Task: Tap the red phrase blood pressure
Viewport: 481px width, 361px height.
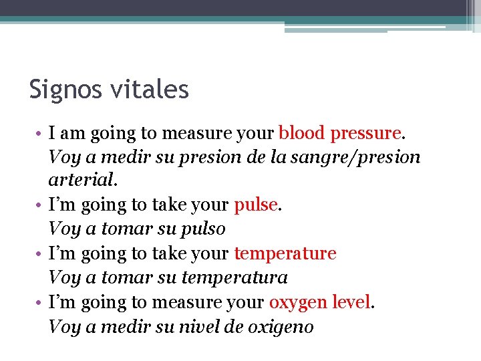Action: tap(339, 133)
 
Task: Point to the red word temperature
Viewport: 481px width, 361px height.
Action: tap(285, 254)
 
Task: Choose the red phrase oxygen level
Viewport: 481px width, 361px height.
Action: tap(319, 303)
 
